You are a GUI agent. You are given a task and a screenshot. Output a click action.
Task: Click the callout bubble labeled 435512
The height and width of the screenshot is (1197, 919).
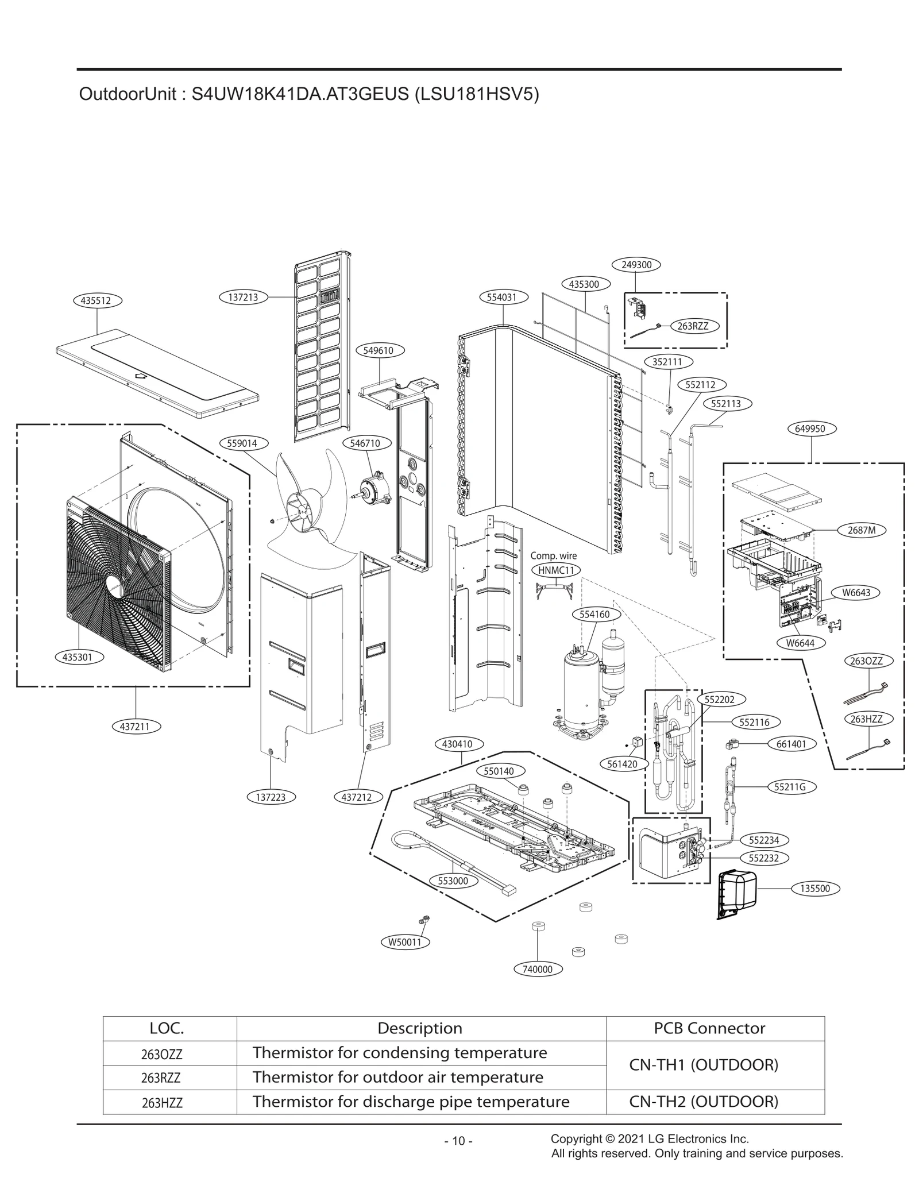click(x=97, y=300)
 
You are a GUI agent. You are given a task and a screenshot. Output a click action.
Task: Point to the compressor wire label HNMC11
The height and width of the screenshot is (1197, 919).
click(x=556, y=570)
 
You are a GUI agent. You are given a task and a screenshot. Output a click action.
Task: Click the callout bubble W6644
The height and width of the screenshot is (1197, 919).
click(x=800, y=643)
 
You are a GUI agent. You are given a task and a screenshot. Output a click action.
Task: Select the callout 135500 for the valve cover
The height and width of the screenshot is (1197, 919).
click(x=814, y=889)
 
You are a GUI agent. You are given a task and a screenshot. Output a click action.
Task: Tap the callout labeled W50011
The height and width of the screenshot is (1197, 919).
click(x=405, y=942)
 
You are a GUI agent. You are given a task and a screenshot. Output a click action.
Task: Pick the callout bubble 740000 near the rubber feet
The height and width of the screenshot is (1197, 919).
click(x=537, y=970)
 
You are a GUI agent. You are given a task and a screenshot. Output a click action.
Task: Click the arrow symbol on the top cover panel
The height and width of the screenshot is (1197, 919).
click(x=139, y=377)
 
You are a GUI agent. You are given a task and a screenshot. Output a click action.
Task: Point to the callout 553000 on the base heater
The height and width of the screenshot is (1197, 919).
click(x=453, y=881)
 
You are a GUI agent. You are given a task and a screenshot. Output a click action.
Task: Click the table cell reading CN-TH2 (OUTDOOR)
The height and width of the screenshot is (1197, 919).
click(x=704, y=1102)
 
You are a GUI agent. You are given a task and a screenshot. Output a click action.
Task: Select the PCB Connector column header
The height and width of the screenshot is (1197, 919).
click(x=709, y=1029)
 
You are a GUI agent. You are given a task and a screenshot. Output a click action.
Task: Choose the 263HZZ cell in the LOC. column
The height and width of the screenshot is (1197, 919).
click(x=162, y=1103)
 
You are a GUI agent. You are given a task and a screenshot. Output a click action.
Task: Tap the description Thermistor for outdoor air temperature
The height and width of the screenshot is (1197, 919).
click(x=397, y=1078)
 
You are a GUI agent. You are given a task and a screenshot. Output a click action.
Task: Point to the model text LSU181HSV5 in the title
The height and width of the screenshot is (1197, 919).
click(x=476, y=94)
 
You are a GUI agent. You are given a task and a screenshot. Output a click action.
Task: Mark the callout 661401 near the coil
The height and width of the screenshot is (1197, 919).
click(x=791, y=744)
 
